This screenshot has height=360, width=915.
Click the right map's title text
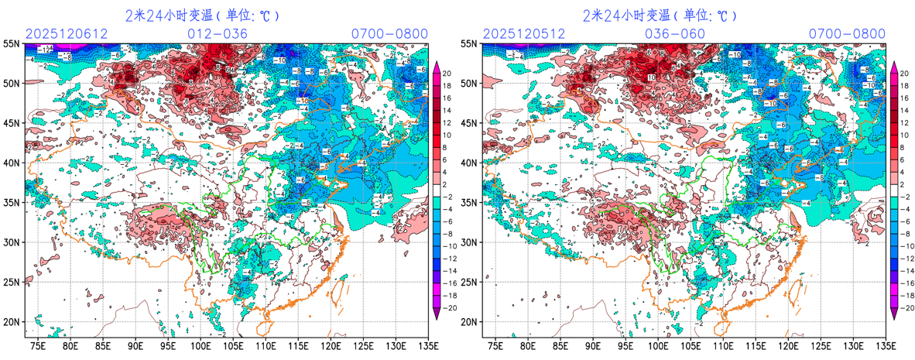[660, 15]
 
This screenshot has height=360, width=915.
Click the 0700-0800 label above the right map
[847, 33]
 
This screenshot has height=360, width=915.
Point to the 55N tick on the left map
[12, 43]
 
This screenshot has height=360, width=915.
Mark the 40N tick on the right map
[469, 163]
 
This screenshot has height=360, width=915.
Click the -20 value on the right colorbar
[906, 307]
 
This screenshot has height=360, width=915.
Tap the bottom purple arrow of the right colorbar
[894, 313]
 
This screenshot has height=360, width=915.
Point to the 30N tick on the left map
[12, 242]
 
